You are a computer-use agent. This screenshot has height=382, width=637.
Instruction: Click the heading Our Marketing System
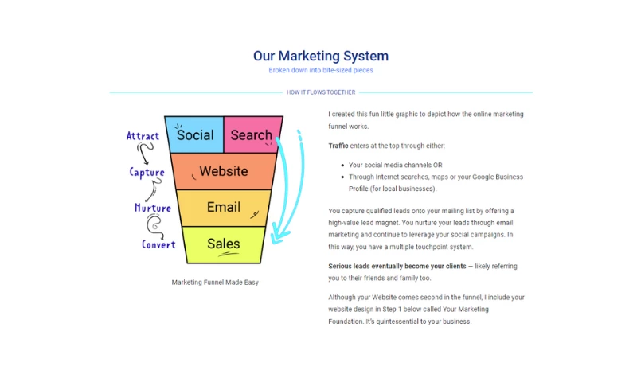tap(321, 56)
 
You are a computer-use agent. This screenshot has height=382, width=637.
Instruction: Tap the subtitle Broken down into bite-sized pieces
tap(321, 70)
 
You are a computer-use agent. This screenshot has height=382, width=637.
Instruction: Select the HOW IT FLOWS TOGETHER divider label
tap(321, 92)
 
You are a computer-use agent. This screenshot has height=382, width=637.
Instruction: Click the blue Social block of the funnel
tap(195, 134)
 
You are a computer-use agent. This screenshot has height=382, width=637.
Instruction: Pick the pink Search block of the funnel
tap(250, 134)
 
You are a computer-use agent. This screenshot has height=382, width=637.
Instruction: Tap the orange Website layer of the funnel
tap(223, 171)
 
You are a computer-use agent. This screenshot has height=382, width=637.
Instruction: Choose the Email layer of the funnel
tap(223, 208)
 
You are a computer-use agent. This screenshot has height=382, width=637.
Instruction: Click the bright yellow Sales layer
tap(223, 244)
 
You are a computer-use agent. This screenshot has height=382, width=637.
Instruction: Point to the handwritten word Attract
tap(143, 136)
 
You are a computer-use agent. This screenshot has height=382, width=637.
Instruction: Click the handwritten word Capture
tap(147, 172)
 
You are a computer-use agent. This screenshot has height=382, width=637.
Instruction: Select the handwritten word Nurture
tap(153, 209)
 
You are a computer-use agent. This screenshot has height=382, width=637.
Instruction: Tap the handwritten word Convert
tap(158, 244)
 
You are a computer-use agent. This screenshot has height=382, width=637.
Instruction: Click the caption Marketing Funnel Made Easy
tap(215, 282)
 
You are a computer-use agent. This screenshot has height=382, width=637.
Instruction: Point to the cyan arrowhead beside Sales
tap(278, 236)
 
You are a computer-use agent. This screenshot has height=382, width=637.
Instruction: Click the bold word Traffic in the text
tap(338, 146)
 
